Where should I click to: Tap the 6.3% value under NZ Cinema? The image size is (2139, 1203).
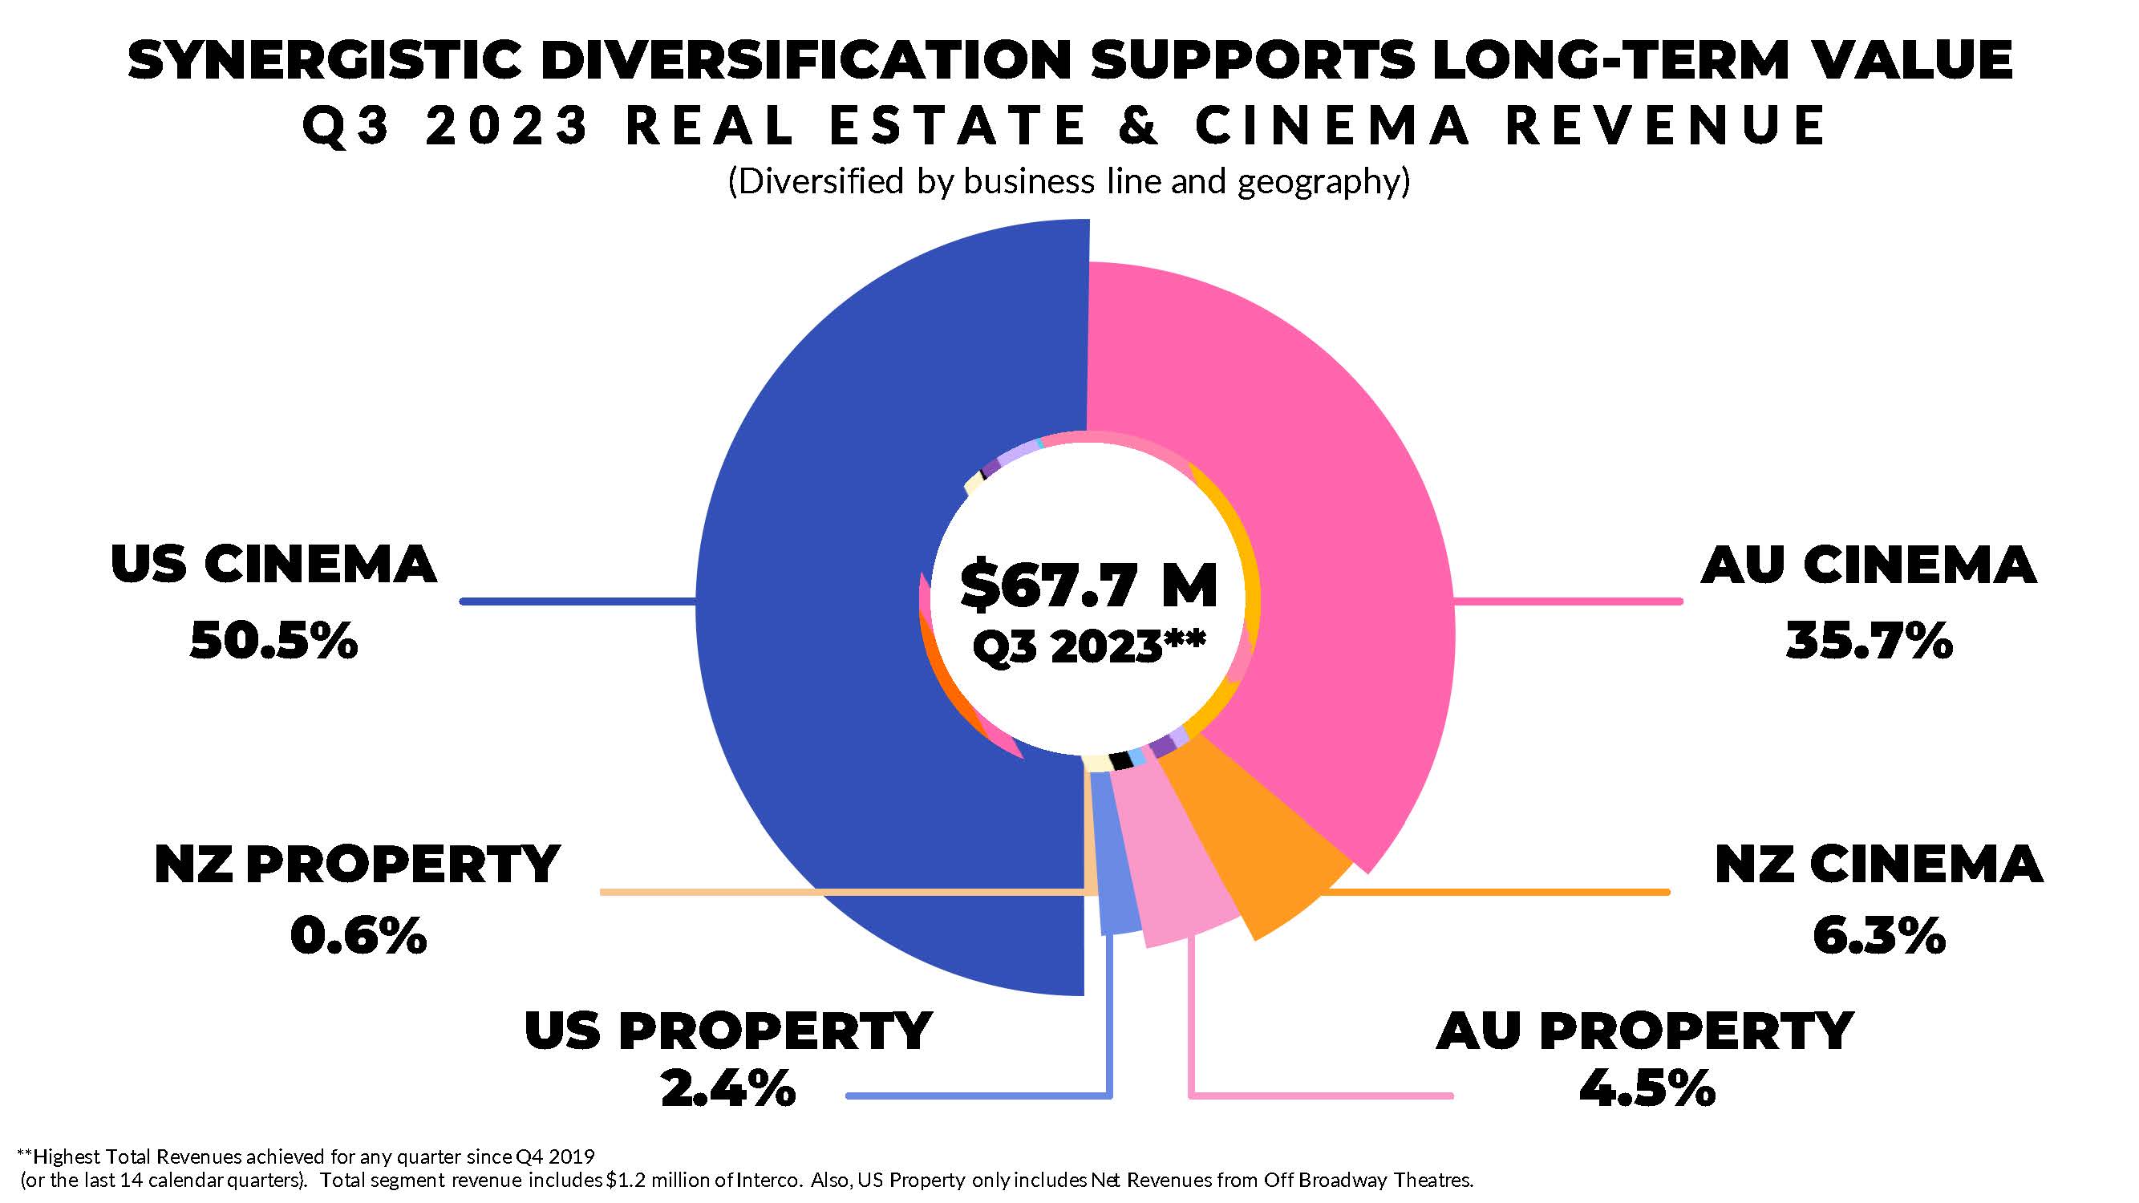[x=1879, y=936]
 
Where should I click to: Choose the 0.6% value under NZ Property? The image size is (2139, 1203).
[x=358, y=936]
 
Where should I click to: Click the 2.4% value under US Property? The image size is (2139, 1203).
[x=728, y=1088]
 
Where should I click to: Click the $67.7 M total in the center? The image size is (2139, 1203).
[x=1088, y=585]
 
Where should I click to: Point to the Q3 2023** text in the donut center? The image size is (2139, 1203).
[x=1088, y=646]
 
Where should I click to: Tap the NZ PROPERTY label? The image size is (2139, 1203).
[x=357, y=865]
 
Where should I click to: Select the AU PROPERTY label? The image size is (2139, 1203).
[x=1645, y=1032]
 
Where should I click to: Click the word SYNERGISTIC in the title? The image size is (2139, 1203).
[x=325, y=62]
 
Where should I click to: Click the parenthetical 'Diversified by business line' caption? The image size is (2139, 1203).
[x=1068, y=182]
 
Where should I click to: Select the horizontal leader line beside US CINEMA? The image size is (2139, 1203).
[x=578, y=601]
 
